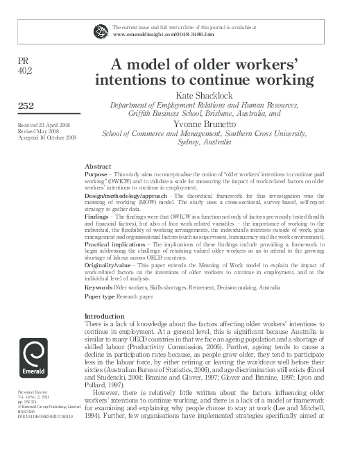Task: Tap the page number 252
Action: pyautogui.click(x=24, y=105)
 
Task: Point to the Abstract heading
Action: pyautogui.click(x=97, y=167)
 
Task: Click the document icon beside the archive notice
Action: pyautogui.click(x=101, y=31)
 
